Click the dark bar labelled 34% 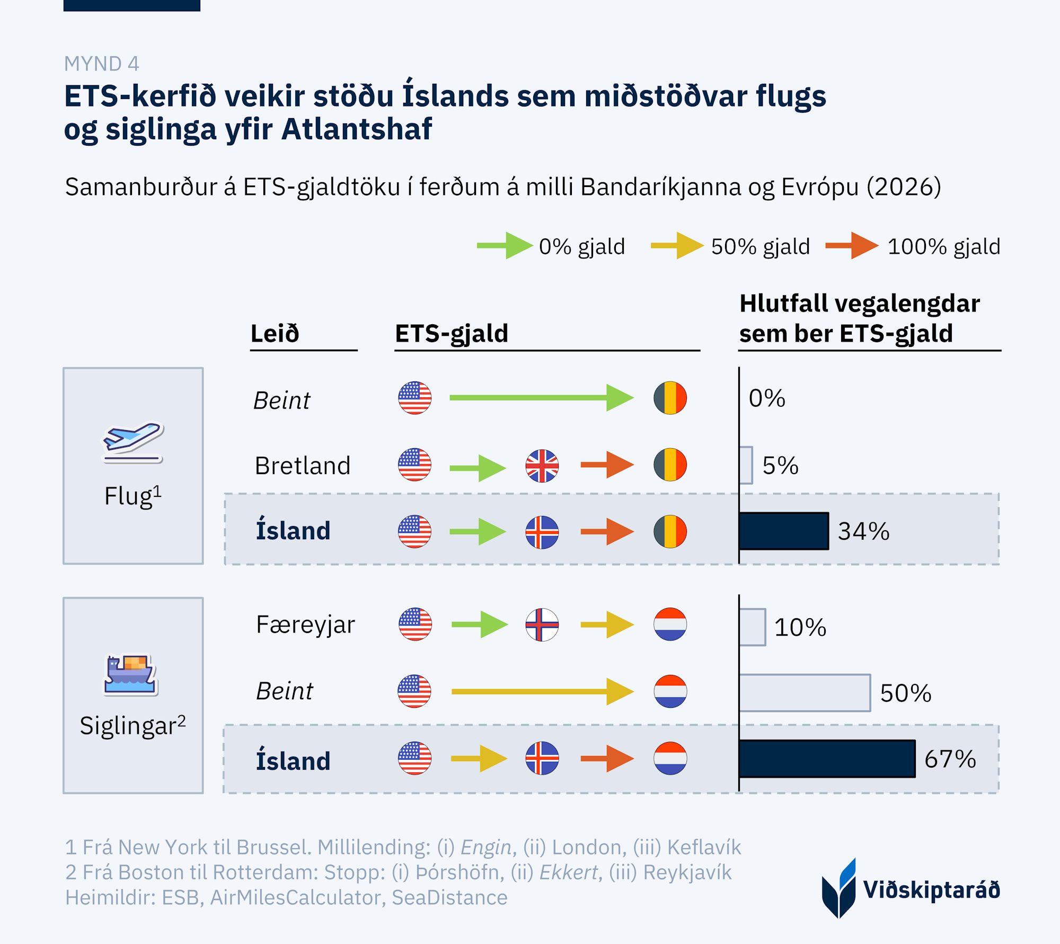coord(783,531)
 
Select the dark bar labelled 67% coord(827,759)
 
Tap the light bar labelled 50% coord(805,692)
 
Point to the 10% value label coord(800,627)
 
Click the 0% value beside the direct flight coord(766,398)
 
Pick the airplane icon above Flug coord(132,441)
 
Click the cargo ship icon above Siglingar coord(130,674)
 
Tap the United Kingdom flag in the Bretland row coord(542,466)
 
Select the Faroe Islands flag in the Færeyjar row coord(542,625)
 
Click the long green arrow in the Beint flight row coord(541,398)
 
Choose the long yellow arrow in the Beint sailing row coord(542,691)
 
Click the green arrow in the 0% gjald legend coord(504,246)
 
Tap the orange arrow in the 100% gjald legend coord(851,246)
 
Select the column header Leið coord(275,334)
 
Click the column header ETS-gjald coord(452,334)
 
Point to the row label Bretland coord(302,466)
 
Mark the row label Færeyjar coord(305,625)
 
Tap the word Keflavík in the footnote coord(704,847)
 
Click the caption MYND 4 coord(102,64)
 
